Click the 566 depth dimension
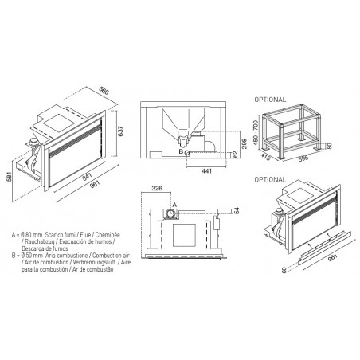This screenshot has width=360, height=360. tap(104, 91)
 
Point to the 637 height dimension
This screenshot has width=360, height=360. tap(120, 131)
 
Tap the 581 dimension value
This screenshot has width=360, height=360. tap(9, 177)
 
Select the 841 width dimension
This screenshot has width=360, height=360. tap(87, 177)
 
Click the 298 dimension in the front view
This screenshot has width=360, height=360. tap(245, 143)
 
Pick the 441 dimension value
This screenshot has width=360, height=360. tap(207, 171)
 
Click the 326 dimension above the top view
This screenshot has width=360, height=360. tap(157, 188)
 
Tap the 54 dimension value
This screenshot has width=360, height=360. tap(237, 211)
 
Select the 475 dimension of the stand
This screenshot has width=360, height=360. tap(265, 157)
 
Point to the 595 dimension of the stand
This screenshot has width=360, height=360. tap(303, 158)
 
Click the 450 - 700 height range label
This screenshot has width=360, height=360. tap(256, 133)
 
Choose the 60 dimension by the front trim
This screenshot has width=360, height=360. tap(284, 270)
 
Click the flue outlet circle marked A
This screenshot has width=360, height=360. tap(170, 213)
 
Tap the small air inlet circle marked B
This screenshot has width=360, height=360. tap(187, 153)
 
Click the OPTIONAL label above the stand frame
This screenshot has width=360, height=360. tap(270, 100)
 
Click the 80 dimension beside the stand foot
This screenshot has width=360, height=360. tap(329, 146)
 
